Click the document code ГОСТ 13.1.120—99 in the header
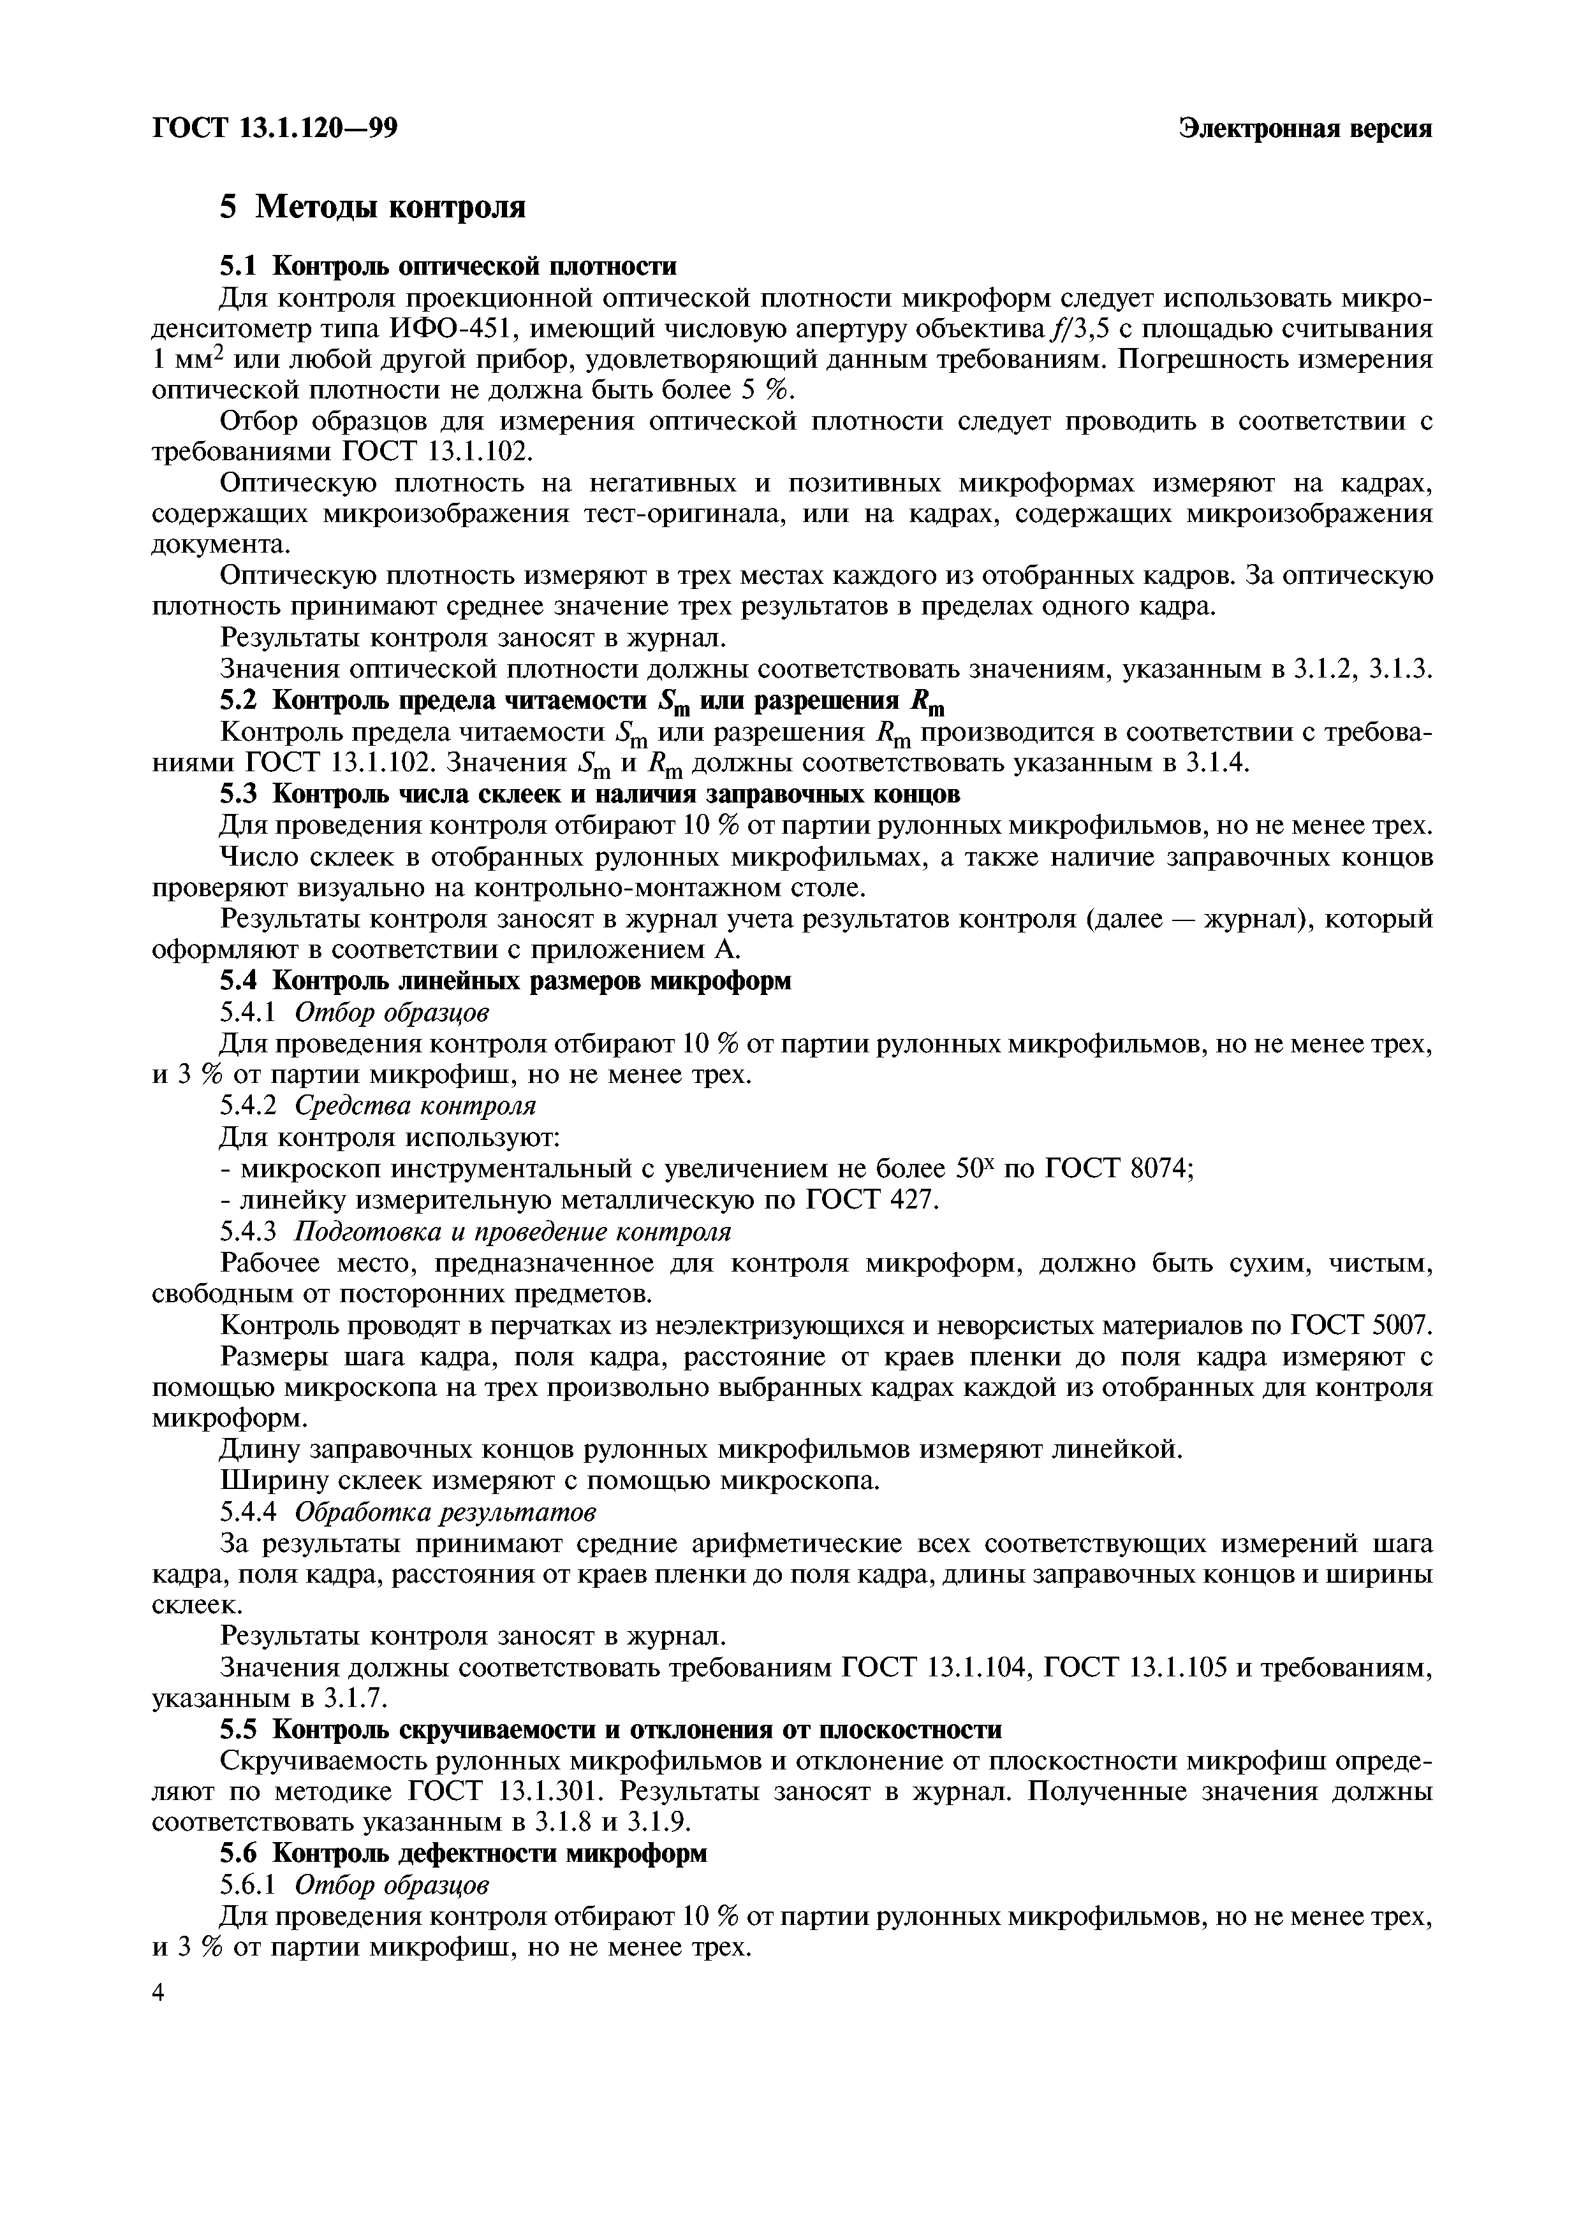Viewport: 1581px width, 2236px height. click(x=275, y=129)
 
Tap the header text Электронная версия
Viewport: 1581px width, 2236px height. click(x=1305, y=129)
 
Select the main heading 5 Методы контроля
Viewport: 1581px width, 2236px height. click(x=373, y=207)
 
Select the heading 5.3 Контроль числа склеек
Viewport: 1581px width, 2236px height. click(x=589, y=795)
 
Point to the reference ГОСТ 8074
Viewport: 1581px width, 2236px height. click(x=1121, y=1168)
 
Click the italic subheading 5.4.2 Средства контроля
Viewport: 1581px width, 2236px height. click(x=378, y=1107)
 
